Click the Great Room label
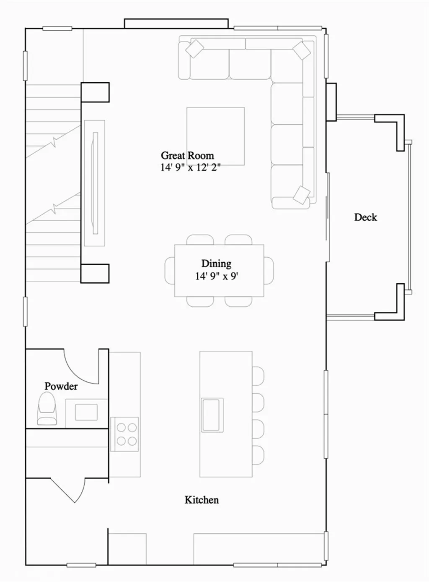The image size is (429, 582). click(x=187, y=156)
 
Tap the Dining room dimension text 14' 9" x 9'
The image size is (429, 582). click(x=217, y=276)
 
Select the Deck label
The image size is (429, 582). click(x=365, y=217)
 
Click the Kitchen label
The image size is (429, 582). click(x=202, y=500)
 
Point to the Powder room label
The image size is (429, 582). click(x=61, y=386)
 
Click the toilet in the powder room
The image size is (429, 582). click(x=47, y=409)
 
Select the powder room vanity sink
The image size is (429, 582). click(x=86, y=412)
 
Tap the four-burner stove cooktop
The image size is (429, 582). click(x=124, y=434)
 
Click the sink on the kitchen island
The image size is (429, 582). click(x=212, y=415)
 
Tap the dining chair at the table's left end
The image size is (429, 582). click(x=170, y=271)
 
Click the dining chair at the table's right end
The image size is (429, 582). click(x=269, y=271)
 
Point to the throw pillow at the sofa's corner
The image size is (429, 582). click(x=302, y=50)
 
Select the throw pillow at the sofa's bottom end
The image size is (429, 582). click(x=301, y=195)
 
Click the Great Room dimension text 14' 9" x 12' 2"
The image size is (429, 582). click(x=190, y=167)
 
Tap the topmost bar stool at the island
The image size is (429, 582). click(x=258, y=376)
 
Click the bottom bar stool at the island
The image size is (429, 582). click(x=258, y=455)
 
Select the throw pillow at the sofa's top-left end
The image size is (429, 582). click(x=194, y=49)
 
